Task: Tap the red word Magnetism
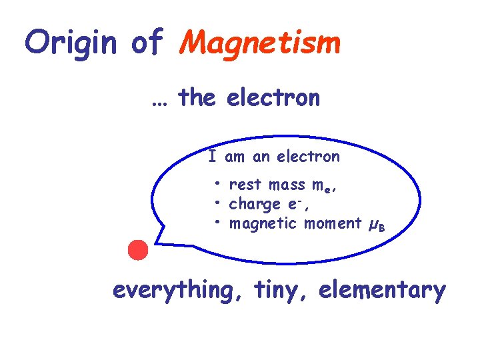click(261, 43)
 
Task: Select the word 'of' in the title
click(147, 43)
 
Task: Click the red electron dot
click(138, 250)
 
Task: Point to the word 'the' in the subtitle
click(197, 98)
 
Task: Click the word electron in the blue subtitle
click(273, 99)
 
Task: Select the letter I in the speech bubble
click(212, 157)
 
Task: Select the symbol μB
click(377, 225)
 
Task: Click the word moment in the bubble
click(333, 223)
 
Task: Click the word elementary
click(382, 291)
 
